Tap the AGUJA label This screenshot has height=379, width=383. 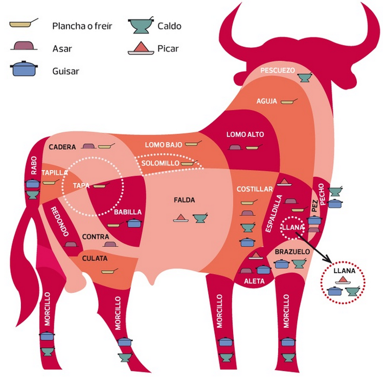click(x=266, y=101)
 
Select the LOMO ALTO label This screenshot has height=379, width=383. click(x=245, y=135)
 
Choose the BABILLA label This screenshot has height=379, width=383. click(x=127, y=212)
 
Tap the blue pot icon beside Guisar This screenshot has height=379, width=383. click(x=23, y=69)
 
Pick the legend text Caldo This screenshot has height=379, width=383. click(x=169, y=26)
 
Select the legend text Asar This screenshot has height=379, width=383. click(x=62, y=49)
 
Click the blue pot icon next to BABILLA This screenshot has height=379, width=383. click(x=133, y=222)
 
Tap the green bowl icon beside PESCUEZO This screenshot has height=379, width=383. click(x=305, y=77)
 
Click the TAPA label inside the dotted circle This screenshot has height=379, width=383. click(x=81, y=185)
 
